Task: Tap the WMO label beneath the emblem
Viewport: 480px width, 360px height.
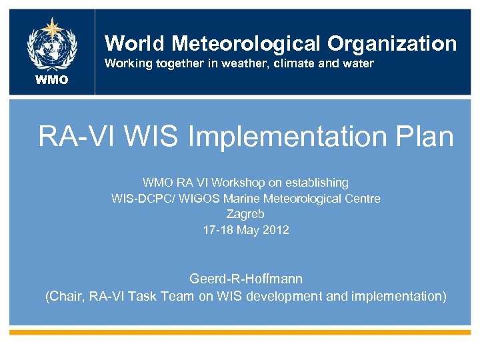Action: [x=52, y=81]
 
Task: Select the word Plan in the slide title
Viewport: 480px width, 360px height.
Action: [x=423, y=137]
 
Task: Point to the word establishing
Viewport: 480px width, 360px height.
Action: [x=319, y=182]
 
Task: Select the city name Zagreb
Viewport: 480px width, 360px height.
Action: [x=245, y=214]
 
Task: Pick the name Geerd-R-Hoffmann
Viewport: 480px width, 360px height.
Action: [x=245, y=278]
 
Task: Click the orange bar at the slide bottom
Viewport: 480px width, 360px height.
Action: [x=240, y=331]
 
